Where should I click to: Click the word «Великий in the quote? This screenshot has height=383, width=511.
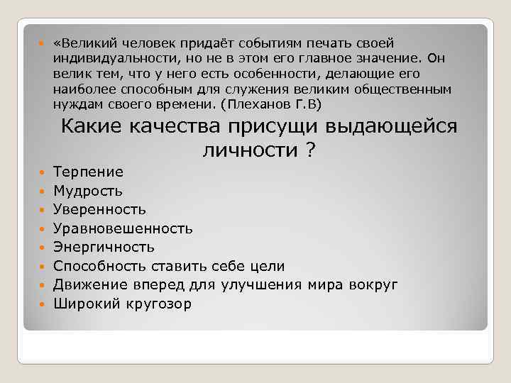[81, 44]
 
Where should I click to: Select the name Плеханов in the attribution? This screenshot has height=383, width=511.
[260, 104]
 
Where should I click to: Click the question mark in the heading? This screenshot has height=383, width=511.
[310, 150]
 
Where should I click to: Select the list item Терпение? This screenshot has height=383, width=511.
[88, 172]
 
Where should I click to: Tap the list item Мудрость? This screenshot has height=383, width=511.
[88, 191]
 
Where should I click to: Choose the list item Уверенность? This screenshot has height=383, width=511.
[100, 210]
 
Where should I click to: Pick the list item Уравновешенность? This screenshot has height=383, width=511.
[123, 228]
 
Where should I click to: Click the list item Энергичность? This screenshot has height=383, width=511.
[104, 248]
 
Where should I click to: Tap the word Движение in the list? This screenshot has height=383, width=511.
[88, 285]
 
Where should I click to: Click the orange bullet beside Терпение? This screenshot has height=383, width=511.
[41, 172]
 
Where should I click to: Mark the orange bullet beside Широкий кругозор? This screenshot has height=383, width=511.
[41, 304]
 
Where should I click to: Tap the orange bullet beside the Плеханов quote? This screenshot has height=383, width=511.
[41, 45]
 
